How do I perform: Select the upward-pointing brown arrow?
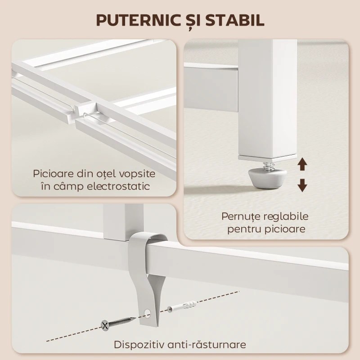[x=302, y=164]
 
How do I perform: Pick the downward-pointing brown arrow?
[x=302, y=184]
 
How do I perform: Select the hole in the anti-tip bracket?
[x=148, y=312]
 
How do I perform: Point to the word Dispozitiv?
[x=141, y=345]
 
